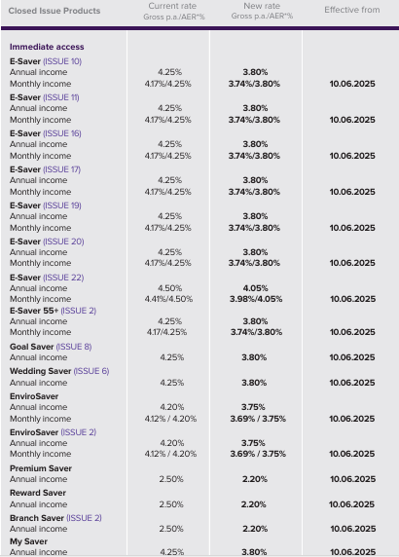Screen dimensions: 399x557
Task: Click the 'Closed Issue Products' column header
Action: (x=54, y=11)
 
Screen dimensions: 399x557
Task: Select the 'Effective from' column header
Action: (x=351, y=10)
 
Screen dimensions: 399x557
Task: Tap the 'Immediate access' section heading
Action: (x=47, y=47)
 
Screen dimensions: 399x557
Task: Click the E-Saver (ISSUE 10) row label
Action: (x=46, y=61)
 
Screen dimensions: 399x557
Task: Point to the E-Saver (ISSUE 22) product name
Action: (x=47, y=278)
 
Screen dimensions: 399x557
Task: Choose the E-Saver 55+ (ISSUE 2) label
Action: (x=53, y=311)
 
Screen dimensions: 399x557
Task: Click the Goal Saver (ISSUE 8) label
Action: (x=51, y=347)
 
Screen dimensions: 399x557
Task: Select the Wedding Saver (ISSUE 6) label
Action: (x=59, y=371)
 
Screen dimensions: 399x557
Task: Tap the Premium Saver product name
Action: (x=41, y=468)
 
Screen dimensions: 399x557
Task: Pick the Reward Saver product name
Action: (x=38, y=493)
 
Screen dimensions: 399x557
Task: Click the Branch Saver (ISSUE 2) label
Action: (x=55, y=518)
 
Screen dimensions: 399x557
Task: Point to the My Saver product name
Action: (x=29, y=541)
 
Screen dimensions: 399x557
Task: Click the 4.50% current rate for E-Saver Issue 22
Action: (x=170, y=288)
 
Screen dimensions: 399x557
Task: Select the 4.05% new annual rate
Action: (x=255, y=288)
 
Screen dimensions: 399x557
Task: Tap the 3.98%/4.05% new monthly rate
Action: (x=256, y=299)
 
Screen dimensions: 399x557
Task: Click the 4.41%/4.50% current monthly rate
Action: (x=168, y=299)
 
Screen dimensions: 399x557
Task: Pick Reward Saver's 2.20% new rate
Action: (x=254, y=504)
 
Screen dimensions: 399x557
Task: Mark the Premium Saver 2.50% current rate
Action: (x=171, y=479)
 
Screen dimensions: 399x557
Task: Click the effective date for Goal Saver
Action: (x=352, y=357)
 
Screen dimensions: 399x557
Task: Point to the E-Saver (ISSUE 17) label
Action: (x=45, y=169)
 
